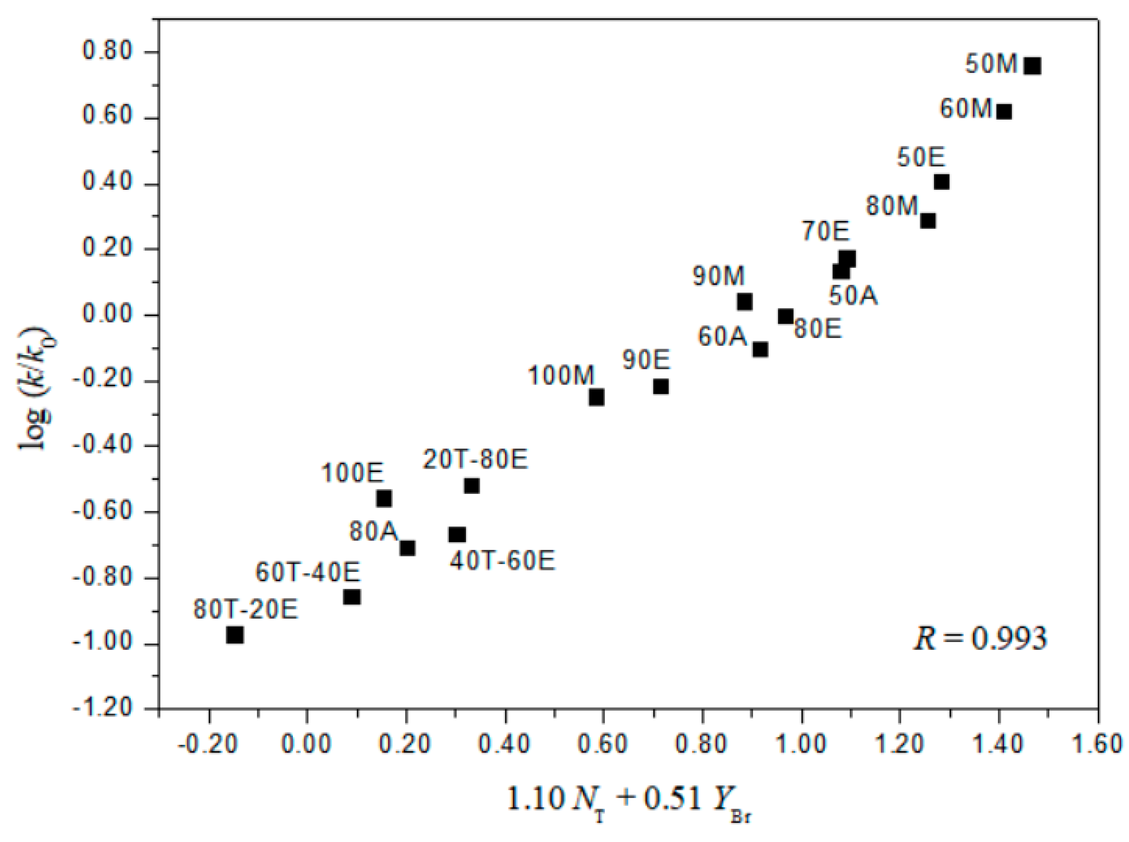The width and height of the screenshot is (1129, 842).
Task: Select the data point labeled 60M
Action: click(1004, 112)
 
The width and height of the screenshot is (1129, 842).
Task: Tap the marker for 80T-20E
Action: click(235, 635)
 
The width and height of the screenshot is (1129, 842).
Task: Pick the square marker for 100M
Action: click(596, 396)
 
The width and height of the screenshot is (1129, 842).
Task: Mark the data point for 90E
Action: click(661, 386)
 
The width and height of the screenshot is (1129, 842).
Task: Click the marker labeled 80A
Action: click(407, 548)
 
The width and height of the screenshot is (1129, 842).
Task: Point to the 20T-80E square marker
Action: click(472, 486)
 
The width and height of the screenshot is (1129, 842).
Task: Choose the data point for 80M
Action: click(928, 221)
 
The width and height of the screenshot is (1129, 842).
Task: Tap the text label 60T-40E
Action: click(307, 573)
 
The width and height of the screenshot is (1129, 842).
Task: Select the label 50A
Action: click(853, 296)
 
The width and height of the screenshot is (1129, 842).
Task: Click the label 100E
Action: click(352, 473)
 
